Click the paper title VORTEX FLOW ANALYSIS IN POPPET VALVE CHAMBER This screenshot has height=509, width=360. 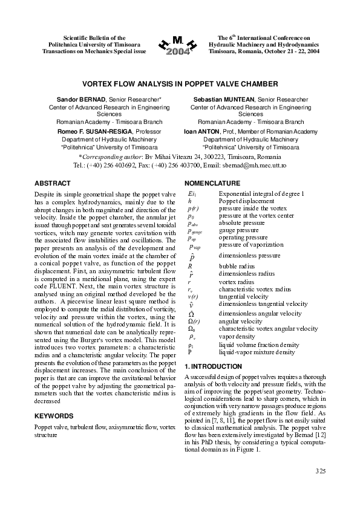pos(180,85)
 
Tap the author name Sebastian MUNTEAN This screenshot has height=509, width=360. pos(221,99)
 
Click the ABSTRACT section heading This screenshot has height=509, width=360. pos(53,183)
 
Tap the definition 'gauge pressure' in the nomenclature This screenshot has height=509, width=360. pos(239,230)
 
